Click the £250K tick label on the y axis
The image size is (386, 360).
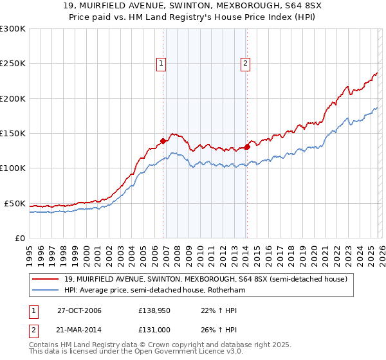(12, 64)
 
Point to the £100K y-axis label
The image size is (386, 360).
(12, 168)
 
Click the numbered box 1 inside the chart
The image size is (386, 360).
(160, 63)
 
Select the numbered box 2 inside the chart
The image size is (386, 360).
(246, 63)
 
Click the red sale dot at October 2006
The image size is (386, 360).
(163, 141)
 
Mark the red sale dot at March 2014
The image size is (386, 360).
(247, 147)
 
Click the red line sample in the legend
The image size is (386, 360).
(46, 279)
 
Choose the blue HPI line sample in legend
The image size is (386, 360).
(46, 290)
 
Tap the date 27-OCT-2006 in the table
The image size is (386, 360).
(79, 310)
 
